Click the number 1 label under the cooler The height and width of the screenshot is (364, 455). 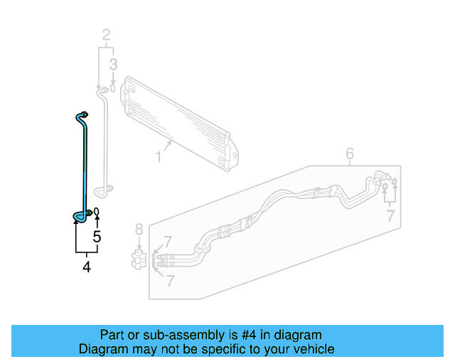[159, 154]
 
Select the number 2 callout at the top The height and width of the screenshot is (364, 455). [107, 35]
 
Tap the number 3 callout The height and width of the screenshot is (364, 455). [112, 65]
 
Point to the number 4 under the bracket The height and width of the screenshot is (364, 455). [87, 267]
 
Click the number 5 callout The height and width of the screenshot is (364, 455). [97, 237]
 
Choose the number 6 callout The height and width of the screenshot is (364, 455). [350, 154]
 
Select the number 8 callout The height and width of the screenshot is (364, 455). [139, 229]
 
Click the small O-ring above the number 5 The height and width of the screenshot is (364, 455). [97, 213]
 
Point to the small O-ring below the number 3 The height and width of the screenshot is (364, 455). [112, 89]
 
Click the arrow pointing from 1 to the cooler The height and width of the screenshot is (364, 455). [168, 146]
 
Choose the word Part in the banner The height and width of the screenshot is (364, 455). [112, 335]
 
